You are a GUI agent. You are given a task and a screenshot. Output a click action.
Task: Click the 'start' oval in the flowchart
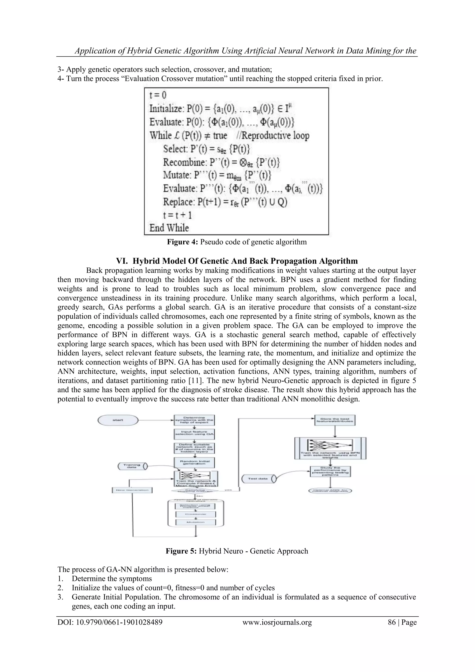pos(118,420)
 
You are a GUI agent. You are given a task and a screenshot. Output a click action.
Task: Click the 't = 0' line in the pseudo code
pos(158,95)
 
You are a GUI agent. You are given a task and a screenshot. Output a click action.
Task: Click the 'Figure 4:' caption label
pos(183,242)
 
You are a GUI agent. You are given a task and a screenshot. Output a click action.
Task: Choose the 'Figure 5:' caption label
pos(181,551)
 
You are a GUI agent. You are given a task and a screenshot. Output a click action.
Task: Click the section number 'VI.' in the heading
pos(122,261)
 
